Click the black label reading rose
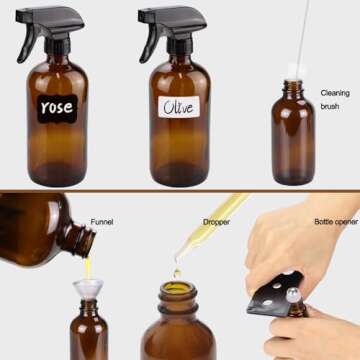pyautogui.click(x=57, y=107)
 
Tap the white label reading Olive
pyautogui.click(x=178, y=107)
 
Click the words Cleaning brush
pyautogui.click(x=335, y=99)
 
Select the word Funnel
pyautogui.click(x=102, y=221)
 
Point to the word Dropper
pyautogui.click(x=216, y=221)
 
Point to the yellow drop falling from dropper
pyautogui.click(x=176, y=273)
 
